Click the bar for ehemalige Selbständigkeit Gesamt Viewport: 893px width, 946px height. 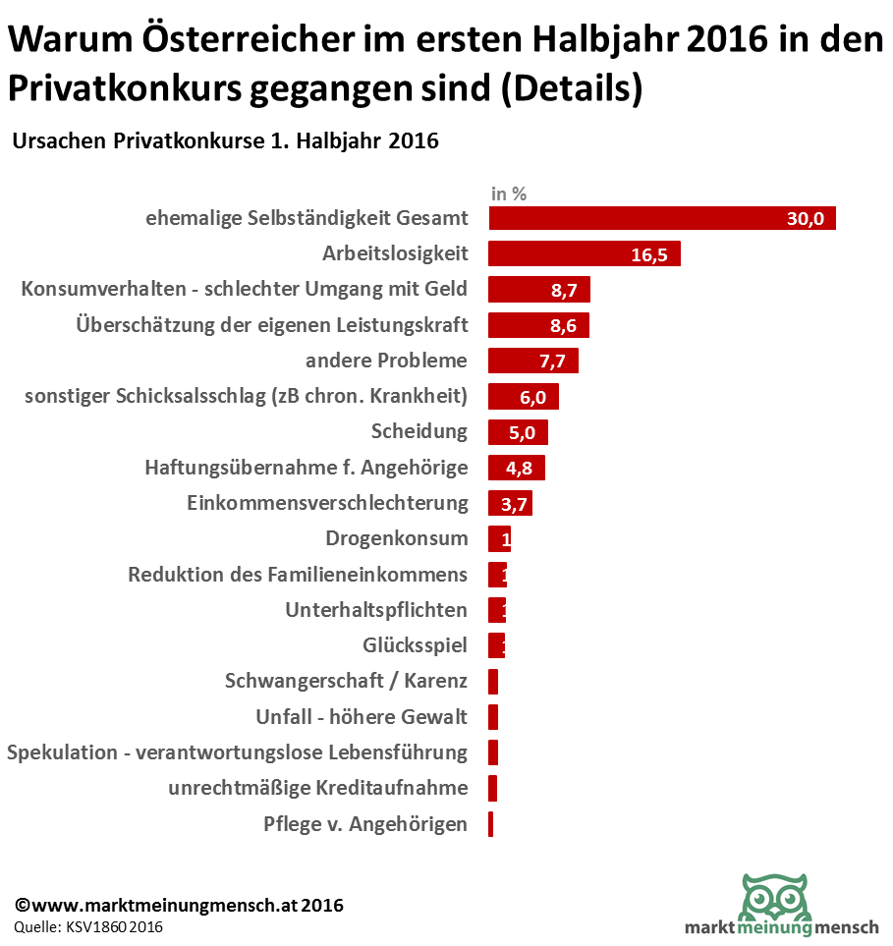pos(639,218)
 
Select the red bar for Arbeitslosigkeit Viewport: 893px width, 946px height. pos(560,254)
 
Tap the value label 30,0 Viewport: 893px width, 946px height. pos(806,219)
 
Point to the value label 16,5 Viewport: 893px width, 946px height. pos(649,255)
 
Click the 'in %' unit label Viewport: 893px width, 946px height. pos(509,194)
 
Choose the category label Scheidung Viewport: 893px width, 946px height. pos(419,431)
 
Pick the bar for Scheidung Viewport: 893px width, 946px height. pos(518,432)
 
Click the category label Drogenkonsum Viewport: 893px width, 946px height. pos(396,538)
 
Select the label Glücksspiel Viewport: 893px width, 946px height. pos(415,645)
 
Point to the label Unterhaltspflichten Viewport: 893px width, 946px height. pos(376,610)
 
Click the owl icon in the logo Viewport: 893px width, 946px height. pos(773,896)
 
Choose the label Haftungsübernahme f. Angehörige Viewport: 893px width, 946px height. pos(306,468)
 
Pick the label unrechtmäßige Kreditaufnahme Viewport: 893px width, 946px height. pos(317,788)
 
